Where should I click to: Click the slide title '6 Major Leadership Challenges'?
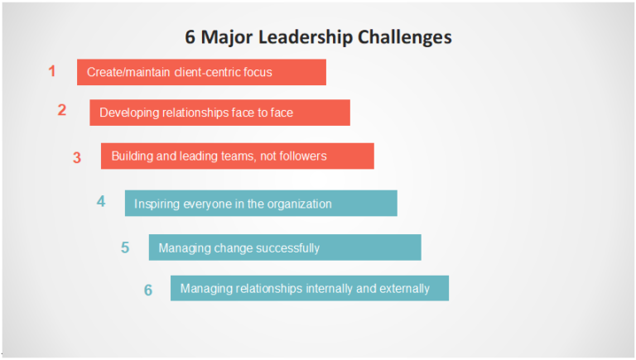tap(318, 37)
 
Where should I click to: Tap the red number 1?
tap(52, 71)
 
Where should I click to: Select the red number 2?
tap(62, 110)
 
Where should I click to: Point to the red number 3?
tap(77, 157)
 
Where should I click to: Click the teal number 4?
tap(101, 201)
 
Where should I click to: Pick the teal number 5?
tap(125, 247)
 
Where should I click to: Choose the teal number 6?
tap(148, 290)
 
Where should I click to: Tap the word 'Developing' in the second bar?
tap(128, 113)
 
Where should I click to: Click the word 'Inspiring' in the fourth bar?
tap(157, 204)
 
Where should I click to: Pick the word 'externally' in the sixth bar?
tap(404, 289)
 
